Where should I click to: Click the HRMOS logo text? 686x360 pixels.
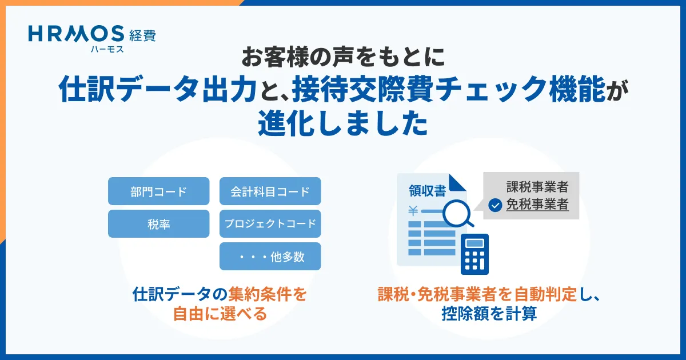76,34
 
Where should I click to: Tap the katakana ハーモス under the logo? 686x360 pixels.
107,49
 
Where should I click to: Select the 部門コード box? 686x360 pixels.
159,191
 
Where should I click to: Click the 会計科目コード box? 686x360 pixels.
270,191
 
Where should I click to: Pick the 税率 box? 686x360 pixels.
159,223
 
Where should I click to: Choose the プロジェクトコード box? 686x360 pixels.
270,223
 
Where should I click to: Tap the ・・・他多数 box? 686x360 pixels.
270,256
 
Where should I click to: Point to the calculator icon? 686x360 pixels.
474,254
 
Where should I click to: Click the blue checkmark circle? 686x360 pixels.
495,205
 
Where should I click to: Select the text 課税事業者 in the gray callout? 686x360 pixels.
537,187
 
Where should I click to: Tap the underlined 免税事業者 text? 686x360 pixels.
537,205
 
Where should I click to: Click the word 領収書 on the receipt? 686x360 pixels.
427,191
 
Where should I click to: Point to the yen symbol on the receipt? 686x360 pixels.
413,211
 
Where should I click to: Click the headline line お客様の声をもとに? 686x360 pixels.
343,57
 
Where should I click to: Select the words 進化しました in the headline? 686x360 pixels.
343,123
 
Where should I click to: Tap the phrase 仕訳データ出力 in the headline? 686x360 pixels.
158,89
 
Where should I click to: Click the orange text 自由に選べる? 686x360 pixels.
220,314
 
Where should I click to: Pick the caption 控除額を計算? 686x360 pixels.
489,314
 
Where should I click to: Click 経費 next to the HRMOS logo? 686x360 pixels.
142,35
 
